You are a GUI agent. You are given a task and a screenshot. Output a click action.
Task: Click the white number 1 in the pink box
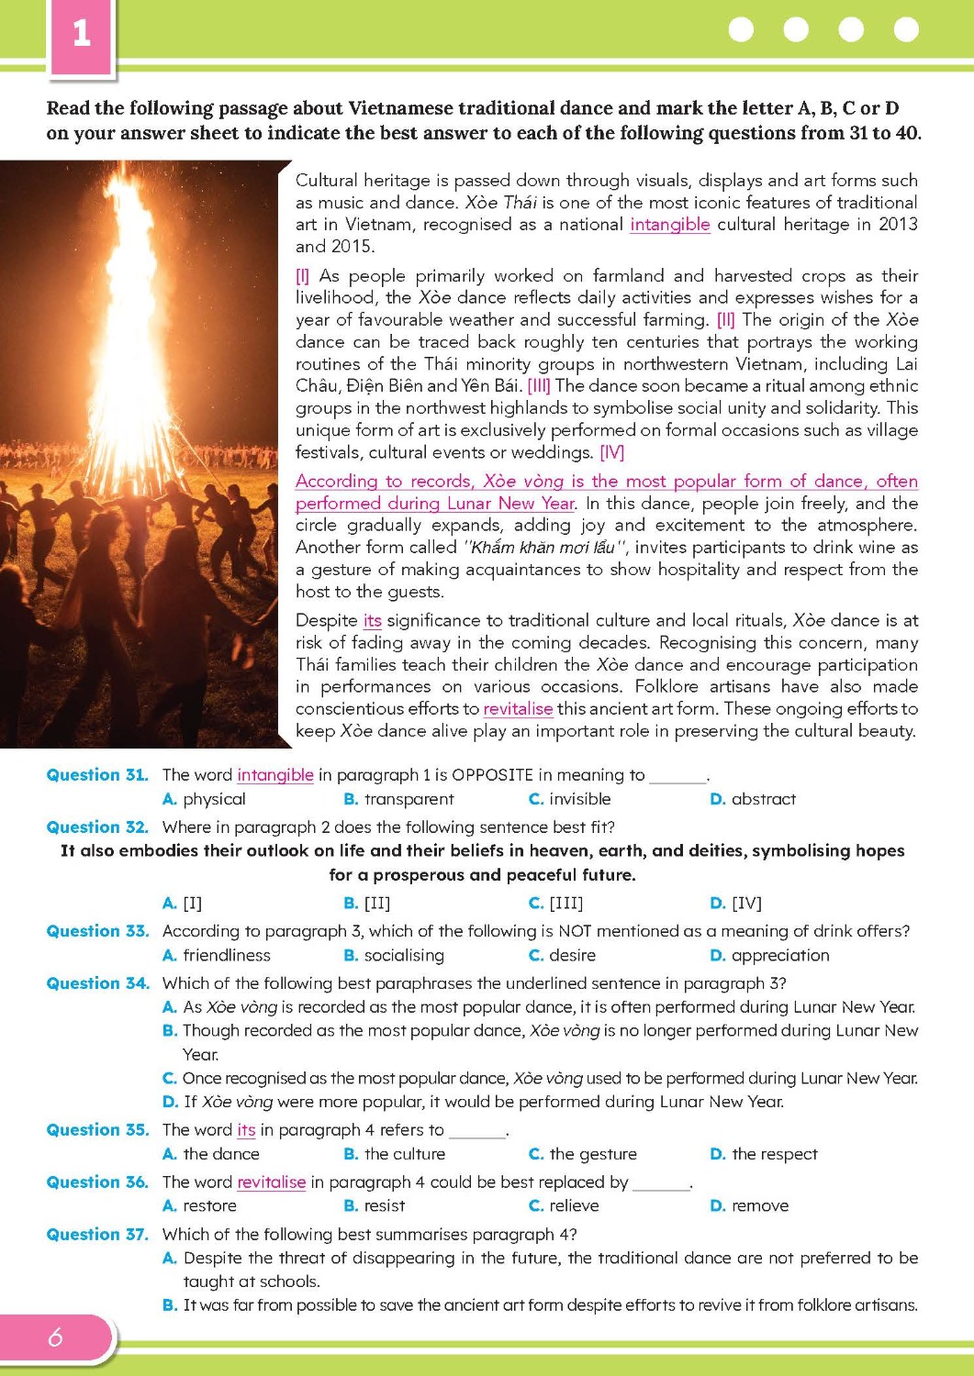tap(82, 33)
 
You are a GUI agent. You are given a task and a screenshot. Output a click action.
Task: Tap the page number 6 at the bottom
tap(55, 1337)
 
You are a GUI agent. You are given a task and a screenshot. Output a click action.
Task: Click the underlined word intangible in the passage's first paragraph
tap(669, 225)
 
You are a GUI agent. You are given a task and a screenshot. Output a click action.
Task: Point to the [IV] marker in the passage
tap(611, 452)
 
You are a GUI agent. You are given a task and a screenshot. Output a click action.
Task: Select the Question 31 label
tap(97, 775)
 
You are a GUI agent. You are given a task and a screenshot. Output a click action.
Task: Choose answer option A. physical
tap(204, 799)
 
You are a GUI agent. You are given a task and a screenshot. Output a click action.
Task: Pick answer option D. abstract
tap(753, 799)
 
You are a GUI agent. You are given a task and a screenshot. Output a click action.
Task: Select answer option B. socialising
tap(394, 956)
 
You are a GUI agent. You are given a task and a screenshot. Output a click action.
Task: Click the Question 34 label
tap(97, 983)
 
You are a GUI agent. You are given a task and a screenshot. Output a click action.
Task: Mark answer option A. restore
tap(199, 1206)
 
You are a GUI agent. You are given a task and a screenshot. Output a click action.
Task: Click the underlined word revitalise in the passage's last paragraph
tap(518, 709)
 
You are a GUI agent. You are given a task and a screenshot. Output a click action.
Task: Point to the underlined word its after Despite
tap(372, 621)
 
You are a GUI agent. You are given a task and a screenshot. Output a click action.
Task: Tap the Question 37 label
tap(97, 1235)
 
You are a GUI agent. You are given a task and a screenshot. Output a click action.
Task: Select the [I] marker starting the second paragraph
tap(302, 276)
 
